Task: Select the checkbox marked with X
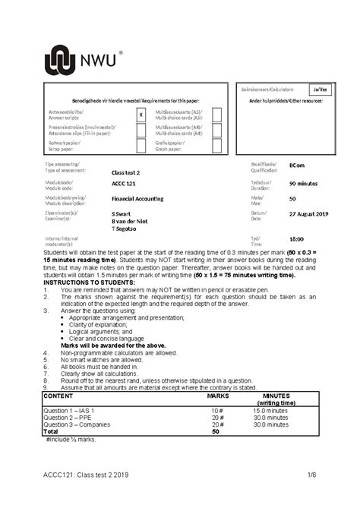click(141, 115)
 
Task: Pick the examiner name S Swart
click(122, 215)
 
